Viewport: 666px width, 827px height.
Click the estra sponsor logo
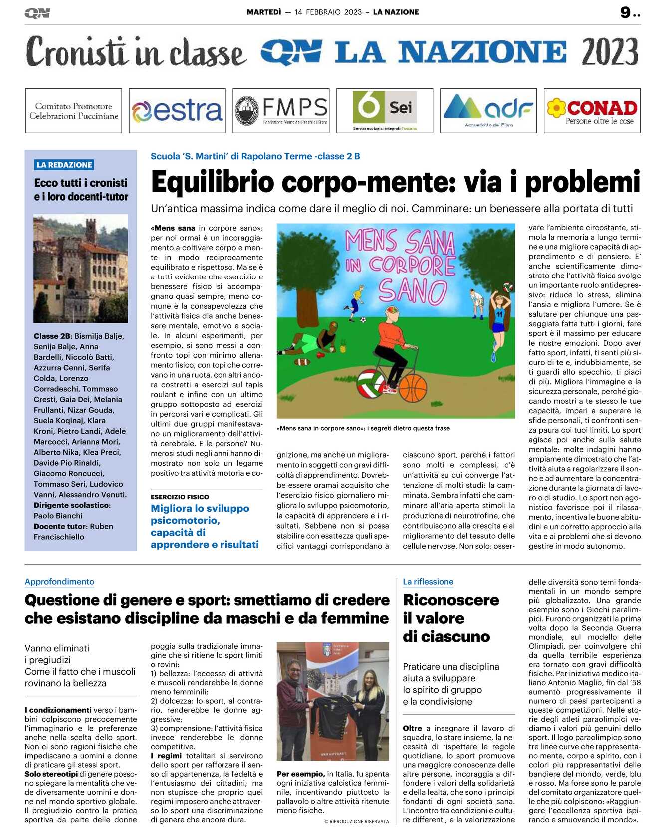click(x=177, y=111)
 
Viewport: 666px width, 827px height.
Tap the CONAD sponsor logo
click(x=592, y=111)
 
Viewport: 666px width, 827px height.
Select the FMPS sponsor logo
click(x=281, y=111)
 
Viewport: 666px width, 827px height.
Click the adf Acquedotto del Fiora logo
click(x=488, y=111)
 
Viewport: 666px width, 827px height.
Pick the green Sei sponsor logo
click(x=384, y=111)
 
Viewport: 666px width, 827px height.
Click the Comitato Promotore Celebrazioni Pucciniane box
click(x=73, y=111)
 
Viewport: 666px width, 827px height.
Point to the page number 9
click(x=625, y=12)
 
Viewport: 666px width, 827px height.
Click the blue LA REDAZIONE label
click(x=65, y=165)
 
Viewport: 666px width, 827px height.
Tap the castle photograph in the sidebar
click(x=80, y=269)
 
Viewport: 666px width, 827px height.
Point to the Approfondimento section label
click(x=59, y=582)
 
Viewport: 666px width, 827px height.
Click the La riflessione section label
click(x=428, y=582)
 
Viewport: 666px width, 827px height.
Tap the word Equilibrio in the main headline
click(x=213, y=182)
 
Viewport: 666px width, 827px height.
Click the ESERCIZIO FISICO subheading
click(x=180, y=497)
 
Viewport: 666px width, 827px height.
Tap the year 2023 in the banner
click(x=610, y=52)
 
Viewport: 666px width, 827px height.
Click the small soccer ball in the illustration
click(x=363, y=320)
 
